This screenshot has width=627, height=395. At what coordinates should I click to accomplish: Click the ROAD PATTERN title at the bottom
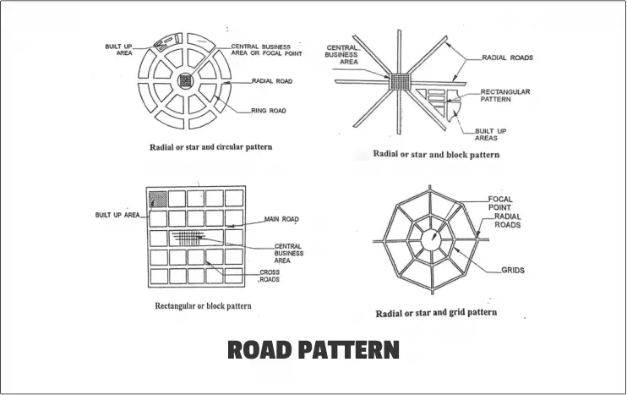pyautogui.click(x=313, y=350)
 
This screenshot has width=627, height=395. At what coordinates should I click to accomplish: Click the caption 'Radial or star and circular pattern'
pyautogui.click(x=210, y=147)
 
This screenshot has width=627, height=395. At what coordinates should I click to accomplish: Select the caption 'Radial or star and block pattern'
pyautogui.click(x=436, y=155)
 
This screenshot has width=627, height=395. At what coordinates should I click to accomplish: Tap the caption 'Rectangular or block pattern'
pyautogui.click(x=203, y=305)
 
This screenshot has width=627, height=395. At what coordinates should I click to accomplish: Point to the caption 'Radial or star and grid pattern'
pyautogui.click(x=436, y=312)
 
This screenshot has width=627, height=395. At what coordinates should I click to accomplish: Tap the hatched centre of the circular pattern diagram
pyautogui.click(x=186, y=81)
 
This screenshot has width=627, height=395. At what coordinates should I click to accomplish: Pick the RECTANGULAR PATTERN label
pyautogui.click(x=504, y=95)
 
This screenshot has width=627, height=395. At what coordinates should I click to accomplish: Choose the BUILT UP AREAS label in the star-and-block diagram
pyautogui.click(x=485, y=134)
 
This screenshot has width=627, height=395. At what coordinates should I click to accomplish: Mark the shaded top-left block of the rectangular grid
pyautogui.click(x=157, y=199)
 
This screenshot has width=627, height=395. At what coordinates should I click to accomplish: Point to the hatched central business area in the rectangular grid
pyautogui.click(x=193, y=238)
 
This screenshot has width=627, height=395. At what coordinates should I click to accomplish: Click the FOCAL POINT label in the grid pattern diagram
pyautogui.click(x=500, y=204)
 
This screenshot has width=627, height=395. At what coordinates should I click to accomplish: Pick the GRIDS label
pyautogui.click(x=512, y=271)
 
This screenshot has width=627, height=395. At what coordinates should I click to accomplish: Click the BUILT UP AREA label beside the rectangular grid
pyautogui.click(x=117, y=216)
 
